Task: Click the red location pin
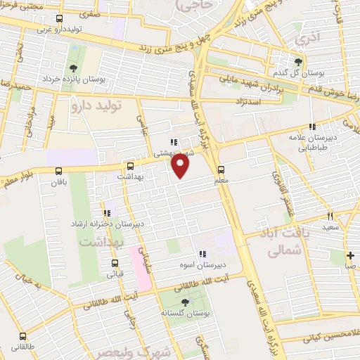181,166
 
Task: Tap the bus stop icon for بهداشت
129,167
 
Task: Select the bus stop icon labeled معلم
221,169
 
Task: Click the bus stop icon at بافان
58,171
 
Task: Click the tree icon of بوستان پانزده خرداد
73,68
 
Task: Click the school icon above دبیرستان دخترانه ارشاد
107,212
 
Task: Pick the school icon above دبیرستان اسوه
202,255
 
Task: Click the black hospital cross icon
349,255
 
